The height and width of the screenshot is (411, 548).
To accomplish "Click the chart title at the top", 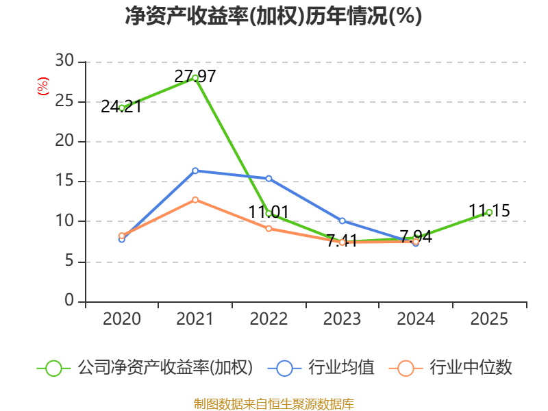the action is [273, 16].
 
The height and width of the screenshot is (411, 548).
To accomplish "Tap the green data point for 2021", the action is [195, 78].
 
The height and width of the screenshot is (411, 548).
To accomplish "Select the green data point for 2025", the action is [489, 212].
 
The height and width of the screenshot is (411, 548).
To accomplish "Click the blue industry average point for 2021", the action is [195, 171].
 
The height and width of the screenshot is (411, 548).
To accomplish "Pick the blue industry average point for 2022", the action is [269, 179].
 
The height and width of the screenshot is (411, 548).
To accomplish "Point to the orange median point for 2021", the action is [195, 199].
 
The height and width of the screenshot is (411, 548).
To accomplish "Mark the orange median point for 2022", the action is [269, 229].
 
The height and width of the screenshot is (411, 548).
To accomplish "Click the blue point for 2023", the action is [342, 221].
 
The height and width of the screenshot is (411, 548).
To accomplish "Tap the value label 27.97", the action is [195, 76].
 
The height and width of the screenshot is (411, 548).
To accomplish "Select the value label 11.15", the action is [489, 211].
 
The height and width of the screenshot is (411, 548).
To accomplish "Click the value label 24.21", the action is [121, 107].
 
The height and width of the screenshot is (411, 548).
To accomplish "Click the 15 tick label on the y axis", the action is [64, 180].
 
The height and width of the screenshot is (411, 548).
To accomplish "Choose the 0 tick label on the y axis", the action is [70, 300].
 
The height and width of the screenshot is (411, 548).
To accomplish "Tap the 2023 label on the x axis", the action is [342, 319].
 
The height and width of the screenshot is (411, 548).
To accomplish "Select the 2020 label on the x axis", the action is [122, 319].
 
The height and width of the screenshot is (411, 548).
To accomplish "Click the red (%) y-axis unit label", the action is [43, 86].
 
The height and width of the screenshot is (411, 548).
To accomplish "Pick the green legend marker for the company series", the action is [54, 369].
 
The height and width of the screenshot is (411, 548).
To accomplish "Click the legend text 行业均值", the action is [341, 367].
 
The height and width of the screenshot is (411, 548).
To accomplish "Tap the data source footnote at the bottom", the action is [274, 404].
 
